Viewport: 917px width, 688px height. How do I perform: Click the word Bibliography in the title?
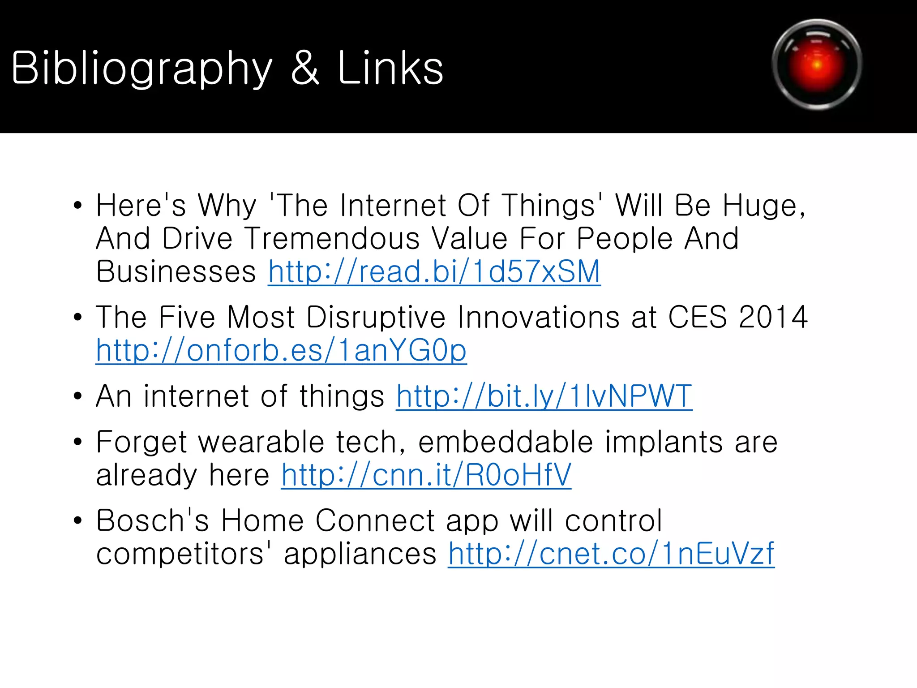[141, 68]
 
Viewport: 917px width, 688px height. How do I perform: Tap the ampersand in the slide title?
[305, 68]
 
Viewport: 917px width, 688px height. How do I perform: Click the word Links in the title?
[390, 68]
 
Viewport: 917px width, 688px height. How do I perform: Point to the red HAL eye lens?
[817, 64]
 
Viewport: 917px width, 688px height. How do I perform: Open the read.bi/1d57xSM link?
[434, 272]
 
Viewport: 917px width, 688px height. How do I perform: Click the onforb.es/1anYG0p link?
[281, 350]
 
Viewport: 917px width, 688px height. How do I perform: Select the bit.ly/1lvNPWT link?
[544, 396]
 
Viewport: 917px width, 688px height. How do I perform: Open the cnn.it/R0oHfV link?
[426, 475]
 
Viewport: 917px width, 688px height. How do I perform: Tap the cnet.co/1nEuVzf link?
[611, 554]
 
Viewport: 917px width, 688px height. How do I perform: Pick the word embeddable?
[506, 443]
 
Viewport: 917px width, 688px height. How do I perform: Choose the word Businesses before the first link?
[176, 272]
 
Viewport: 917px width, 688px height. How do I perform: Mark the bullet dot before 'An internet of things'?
[78, 396]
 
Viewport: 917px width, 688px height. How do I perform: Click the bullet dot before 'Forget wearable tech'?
[78, 442]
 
